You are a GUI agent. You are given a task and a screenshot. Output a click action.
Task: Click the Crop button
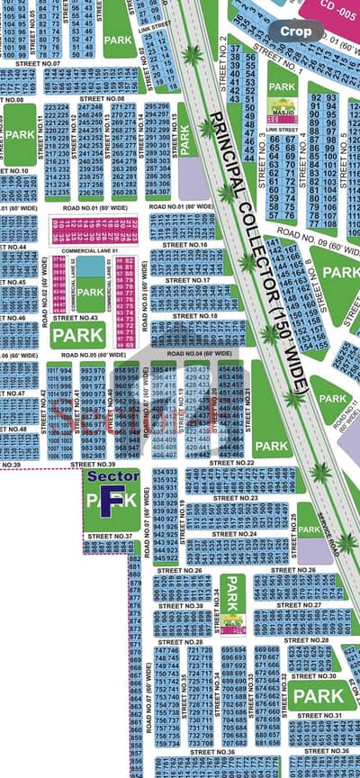[x=296, y=31]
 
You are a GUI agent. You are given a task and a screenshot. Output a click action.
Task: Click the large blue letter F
[x=106, y=502]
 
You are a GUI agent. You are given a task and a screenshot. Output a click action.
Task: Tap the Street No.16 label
[x=189, y=245]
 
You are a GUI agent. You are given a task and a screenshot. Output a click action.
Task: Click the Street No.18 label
[x=195, y=316]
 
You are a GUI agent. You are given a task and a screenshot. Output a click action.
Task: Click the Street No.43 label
[x=76, y=317]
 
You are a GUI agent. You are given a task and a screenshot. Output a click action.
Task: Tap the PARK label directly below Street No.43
[x=78, y=337]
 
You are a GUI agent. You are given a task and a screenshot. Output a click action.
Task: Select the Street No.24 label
[x=238, y=533]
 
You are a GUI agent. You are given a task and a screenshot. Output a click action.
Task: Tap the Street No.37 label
[x=111, y=536]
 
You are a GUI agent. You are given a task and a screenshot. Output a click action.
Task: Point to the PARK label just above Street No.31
[x=319, y=696]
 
